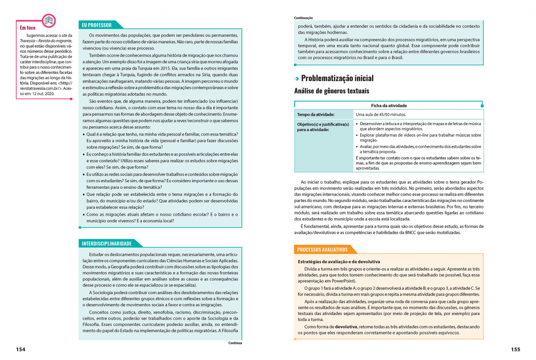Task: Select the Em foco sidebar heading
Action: pos(28,28)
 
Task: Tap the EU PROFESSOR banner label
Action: pos(97,25)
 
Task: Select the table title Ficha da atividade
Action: pos(389,105)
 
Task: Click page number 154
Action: pos(20,349)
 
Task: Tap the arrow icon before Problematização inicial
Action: pos(296,79)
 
